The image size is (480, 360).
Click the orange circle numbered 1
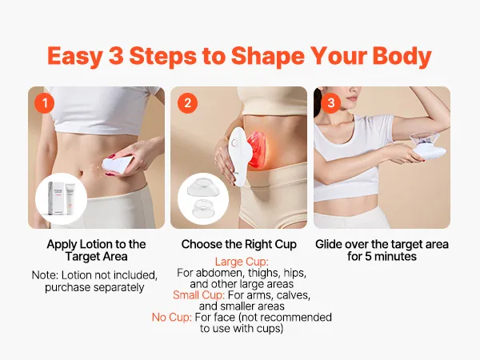click(45, 103)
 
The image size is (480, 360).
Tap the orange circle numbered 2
click(187, 103)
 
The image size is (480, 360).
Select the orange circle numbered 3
click(330, 103)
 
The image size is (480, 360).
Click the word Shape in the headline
click(268, 56)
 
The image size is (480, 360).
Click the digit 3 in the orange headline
click(116, 56)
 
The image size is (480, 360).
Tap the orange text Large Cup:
click(242, 262)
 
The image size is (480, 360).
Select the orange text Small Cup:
click(198, 295)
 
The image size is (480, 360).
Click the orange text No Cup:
click(172, 318)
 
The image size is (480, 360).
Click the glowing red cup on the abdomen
click(258, 149)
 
